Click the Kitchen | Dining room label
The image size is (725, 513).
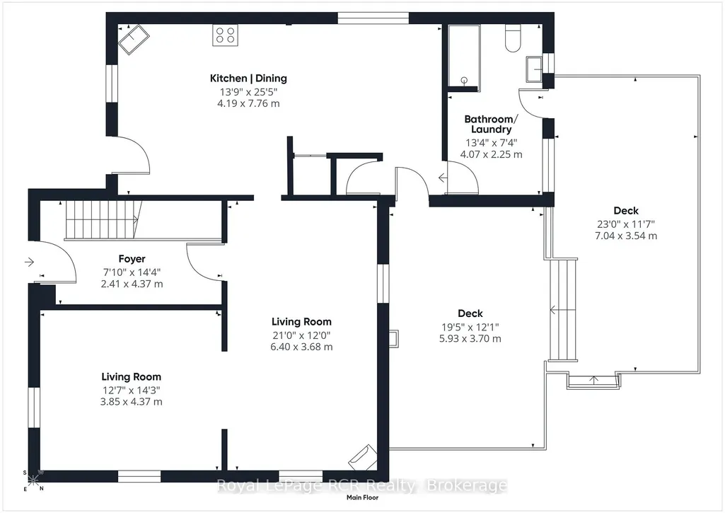(x=248, y=78)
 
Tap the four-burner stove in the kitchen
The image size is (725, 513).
(x=225, y=35)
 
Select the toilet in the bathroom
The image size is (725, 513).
(x=513, y=38)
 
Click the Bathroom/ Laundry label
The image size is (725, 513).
(x=491, y=124)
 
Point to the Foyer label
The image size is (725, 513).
(x=132, y=259)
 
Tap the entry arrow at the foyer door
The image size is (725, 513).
(x=29, y=263)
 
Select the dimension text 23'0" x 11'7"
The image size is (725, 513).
(x=625, y=224)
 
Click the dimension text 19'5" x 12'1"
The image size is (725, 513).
(x=470, y=327)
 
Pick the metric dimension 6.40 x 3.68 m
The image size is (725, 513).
(x=301, y=347)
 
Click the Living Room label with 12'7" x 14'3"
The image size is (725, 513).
(x=132, y=377)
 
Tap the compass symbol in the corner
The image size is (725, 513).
(x=33, y=480)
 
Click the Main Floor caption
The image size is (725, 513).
(x=362, y=497)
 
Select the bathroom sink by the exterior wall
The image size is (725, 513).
(x=534, y=69)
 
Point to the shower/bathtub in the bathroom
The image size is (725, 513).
(x=464, y=56)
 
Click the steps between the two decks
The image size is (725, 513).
(x=564, y=310)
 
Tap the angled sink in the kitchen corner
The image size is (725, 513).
(x=134, y=39)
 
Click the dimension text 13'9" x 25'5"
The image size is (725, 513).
(x=248, y=92)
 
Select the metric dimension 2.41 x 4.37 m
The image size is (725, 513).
(x=132, y=284)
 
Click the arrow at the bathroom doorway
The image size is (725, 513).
(x=443, y=177)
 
